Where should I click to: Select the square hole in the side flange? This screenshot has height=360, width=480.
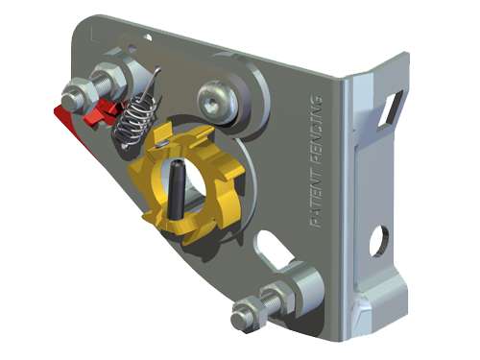[x=390, y=108]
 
